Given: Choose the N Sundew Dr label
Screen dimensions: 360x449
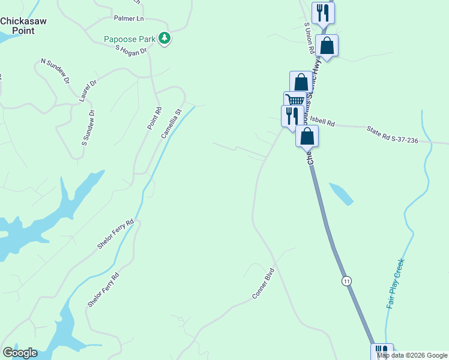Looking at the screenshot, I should (x=55, y=71).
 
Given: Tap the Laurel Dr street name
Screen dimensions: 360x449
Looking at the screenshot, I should (x=87, y=91).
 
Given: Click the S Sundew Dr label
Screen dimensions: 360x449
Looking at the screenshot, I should (x=88, y=128).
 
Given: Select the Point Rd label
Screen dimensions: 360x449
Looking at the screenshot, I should (x=155, y=118).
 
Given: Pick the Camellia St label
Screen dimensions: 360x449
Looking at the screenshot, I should (x=171, y=123).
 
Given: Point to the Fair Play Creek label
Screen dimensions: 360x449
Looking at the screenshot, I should (x=396, y=283).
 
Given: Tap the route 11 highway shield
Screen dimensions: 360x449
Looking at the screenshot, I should (x=346, y=281).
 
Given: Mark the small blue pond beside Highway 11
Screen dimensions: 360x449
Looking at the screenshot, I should (x=340, y=193).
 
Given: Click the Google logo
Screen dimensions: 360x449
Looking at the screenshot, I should (x=20, y=353).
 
